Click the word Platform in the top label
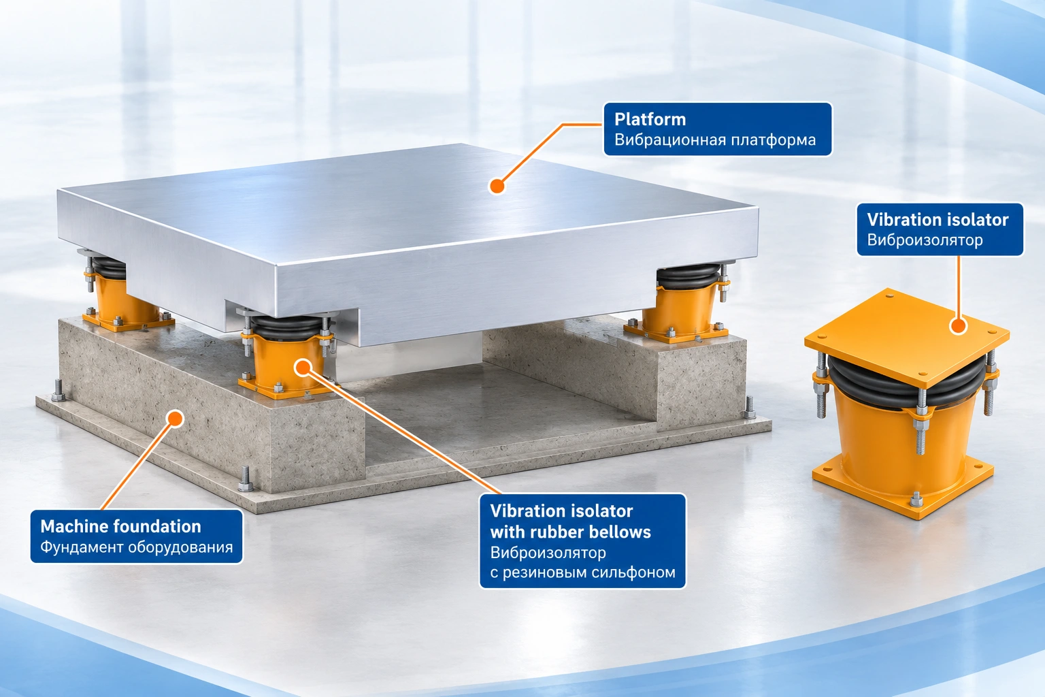coord(650,120)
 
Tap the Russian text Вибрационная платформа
coord(715,140)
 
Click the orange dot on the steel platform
coord(497,187)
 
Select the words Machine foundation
coord(120,527)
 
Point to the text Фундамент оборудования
coord(136,547)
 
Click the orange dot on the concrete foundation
coord(176,419)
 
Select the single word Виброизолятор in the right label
coord(925,240)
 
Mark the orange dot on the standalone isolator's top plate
coord(958,325)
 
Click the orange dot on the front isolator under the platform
coord(303,368)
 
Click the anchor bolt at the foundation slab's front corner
coord(246,479)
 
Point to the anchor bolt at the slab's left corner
coord(58,391)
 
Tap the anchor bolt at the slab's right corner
coord(750,408)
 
